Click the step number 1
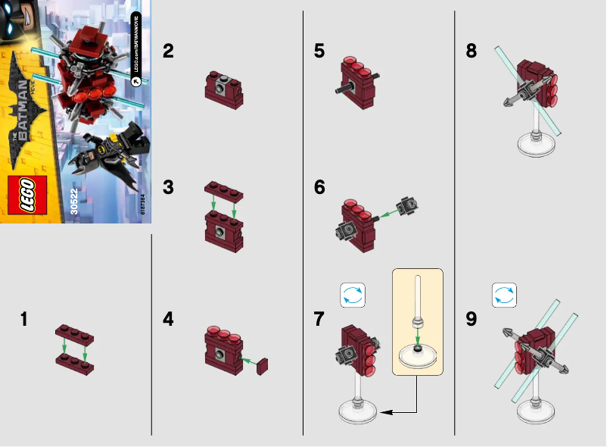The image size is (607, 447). click(x=25, y=320)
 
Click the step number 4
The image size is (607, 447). click(x=168, y=320)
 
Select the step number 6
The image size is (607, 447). click(x=319, y=187)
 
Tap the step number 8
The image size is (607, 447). click(x=472, y=52)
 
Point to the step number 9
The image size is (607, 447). click(x=472, y=320)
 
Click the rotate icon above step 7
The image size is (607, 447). click(x=353, y=295)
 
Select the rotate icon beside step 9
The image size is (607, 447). click(x=504, y=295)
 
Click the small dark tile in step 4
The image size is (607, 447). click(x=263, y=366)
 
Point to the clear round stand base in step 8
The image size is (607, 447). click(x=537, y=144)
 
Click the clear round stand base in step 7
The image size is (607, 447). click(x=357, y=410)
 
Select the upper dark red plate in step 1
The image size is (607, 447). click(x=73, y=332)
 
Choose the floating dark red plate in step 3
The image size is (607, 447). click(x=224, y=189)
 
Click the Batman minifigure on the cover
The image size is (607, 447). click(x=114, y=152)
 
